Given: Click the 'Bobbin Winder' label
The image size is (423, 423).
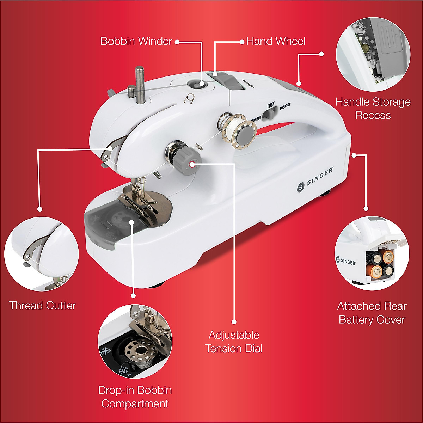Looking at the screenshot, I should [136, 41].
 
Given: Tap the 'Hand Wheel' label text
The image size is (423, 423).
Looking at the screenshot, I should [276, 41].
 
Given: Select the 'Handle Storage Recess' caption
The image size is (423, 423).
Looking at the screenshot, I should [373, 109].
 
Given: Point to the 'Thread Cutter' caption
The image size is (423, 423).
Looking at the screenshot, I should [43, 305].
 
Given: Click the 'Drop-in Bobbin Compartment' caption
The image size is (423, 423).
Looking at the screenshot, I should [135, 397].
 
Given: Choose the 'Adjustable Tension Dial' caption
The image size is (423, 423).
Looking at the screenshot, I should [234, 342].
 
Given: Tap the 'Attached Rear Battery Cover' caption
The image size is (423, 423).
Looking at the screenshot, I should [372, 313].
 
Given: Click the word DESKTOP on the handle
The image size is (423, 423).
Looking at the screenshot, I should [287, 108].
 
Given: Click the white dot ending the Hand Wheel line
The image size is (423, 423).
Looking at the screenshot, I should [242, 42].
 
